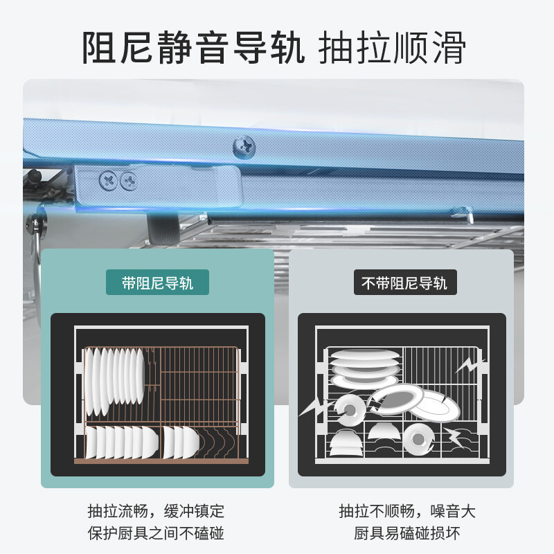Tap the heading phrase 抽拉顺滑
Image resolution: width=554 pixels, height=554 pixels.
391,47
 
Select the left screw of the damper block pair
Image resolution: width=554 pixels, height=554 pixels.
109,181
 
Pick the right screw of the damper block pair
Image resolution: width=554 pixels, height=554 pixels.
128,181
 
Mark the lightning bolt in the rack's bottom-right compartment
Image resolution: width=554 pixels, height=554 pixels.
456,438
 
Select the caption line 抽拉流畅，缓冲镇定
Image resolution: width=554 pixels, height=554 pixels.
157,512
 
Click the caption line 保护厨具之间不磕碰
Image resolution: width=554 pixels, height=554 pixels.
157,533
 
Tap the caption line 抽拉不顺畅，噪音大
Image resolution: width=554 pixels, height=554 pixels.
407,512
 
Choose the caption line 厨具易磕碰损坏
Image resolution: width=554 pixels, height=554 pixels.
407,533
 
